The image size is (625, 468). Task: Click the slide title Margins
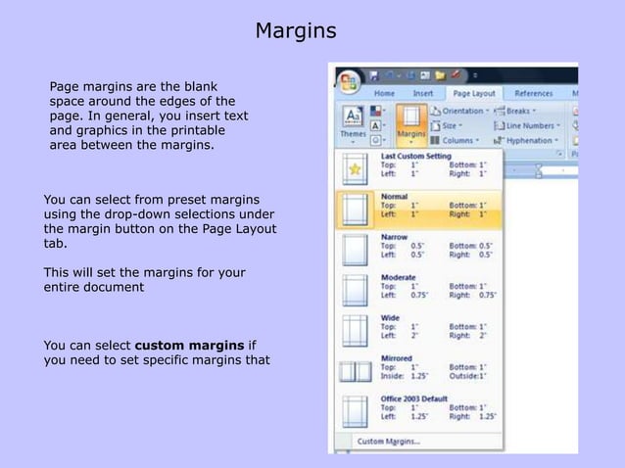(x=295, y=31)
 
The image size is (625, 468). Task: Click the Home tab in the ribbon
(x=384, y=93)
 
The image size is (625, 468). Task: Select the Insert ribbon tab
(x=422, y=93)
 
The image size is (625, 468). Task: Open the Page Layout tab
(x=473, y=93)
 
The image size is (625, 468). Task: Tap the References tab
(x=533, y=93)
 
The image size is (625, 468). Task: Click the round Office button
(x=348, y=81)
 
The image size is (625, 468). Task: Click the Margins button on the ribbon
(x=411, y=123)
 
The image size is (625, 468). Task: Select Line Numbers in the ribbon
(x=529, y=125)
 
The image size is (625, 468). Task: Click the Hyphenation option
(x=529, y=140)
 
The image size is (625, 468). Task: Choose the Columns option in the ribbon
(x=460, y=140)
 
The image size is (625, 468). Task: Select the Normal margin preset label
(x=395, y=196)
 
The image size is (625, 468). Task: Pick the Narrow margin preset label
(x=394, y=237)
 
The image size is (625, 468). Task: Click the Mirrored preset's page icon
(x=355, y=371)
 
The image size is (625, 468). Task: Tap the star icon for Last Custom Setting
(x=355, y=168)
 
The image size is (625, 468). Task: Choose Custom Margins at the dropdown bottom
(x=388, y=441)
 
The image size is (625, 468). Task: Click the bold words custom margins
(x=190, y=345)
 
